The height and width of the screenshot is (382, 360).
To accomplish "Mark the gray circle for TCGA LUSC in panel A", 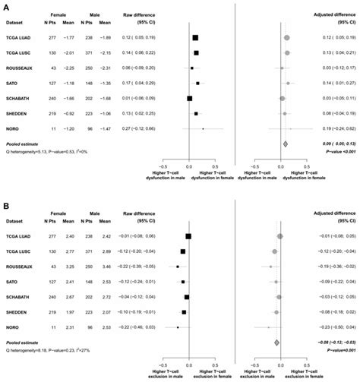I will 287,52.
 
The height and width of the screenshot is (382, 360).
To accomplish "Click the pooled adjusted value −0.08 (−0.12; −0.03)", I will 331,343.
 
